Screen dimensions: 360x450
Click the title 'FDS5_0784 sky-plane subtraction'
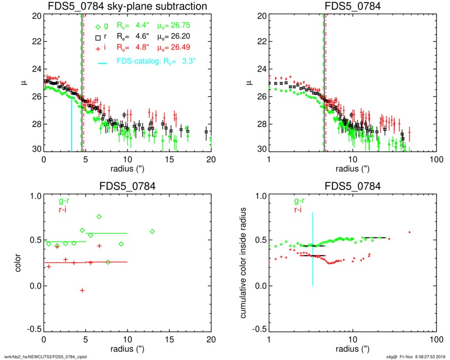point(127,7)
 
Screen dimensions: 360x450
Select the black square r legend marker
point(99,37)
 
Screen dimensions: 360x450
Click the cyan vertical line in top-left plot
point(71,125)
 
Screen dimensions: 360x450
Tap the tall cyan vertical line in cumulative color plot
point(313,249)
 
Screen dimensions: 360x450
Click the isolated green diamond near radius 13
point(152,231)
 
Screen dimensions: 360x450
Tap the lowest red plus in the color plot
point(82,290)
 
